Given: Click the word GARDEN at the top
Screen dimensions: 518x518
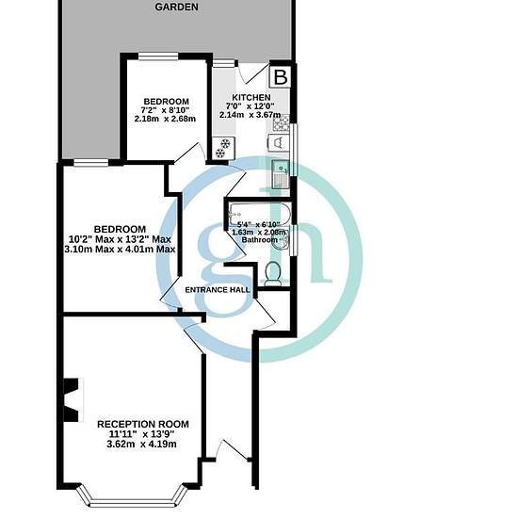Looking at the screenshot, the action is click(176, 7).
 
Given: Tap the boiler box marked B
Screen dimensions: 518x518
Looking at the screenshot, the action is click(280, 77).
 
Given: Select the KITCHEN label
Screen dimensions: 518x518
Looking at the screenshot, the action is click(251, 97).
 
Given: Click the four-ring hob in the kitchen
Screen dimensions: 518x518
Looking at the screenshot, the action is click(282, 122).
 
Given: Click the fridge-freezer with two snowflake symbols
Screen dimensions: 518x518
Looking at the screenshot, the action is click(223, 148).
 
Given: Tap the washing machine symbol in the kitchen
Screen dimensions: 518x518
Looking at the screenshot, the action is click(279, 143).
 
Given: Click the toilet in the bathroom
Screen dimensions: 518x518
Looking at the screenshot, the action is click(273, 274).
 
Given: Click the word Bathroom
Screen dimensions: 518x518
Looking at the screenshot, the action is click(260, 240).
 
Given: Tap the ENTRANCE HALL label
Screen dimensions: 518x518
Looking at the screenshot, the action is click(218, 290).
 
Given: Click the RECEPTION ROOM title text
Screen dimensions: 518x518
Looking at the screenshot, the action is click(143, 424).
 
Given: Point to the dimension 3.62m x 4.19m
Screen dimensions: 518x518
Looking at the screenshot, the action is click(141, 445).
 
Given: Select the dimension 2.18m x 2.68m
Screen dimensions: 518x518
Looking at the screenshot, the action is click(165, 119).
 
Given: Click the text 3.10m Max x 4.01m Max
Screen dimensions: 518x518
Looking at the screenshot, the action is click(120, 249).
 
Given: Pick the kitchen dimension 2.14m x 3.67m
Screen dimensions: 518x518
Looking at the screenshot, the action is click(251, 115).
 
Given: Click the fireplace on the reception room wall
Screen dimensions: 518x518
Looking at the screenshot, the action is click(72, 400).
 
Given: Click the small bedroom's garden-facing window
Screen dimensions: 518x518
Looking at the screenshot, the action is click(158, 57).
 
